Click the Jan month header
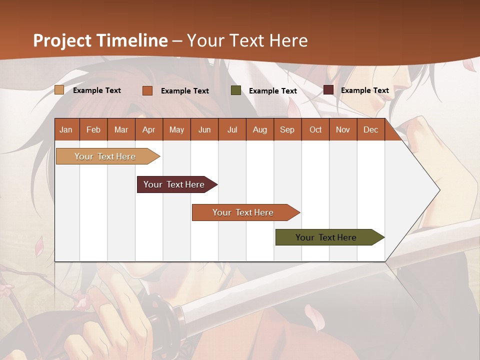[x=66, y=129]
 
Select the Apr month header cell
[x=149, y=129]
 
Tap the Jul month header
[x=232, y=129]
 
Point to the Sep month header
[x=287, y=129]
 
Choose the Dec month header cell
[x=370, y=129]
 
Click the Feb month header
[x=93, y=129]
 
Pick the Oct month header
[x=315, y=129]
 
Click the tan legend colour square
[x=59, y=90]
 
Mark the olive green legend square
[x=236, y=90]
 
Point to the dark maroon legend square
[x=328, y=90]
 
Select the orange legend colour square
[x=147, y=90]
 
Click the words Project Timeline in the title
[x=100, y=40]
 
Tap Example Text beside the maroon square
[x=365, y=90]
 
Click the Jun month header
[x=204, y=129]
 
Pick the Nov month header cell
[x=343, y=129]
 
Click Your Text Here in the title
[x=247, y=40]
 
